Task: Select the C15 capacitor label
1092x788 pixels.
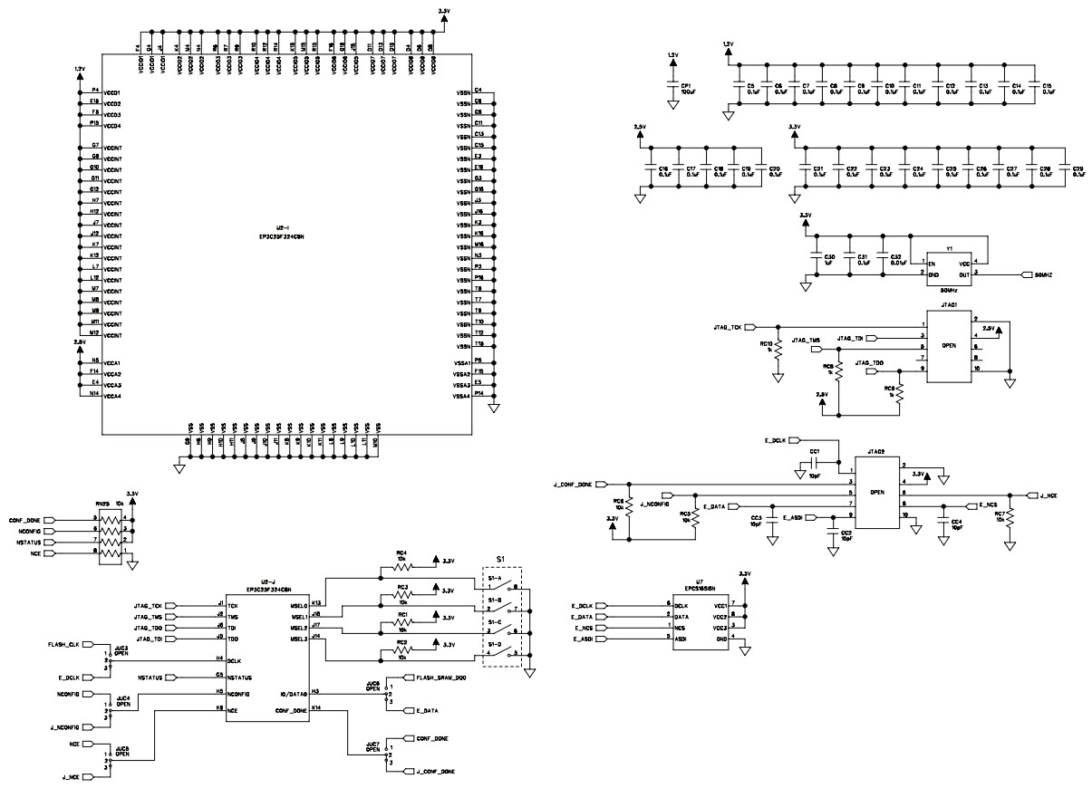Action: point(1048,85)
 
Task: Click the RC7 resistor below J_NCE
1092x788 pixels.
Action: point(1009,517)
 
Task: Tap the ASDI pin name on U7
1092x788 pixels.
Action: point(681,638)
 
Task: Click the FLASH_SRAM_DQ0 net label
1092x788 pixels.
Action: point(442,677)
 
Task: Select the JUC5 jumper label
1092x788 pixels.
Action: point(121,748)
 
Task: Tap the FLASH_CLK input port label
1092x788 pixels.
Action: point(64,645)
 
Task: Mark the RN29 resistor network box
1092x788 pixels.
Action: point(109,536)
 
